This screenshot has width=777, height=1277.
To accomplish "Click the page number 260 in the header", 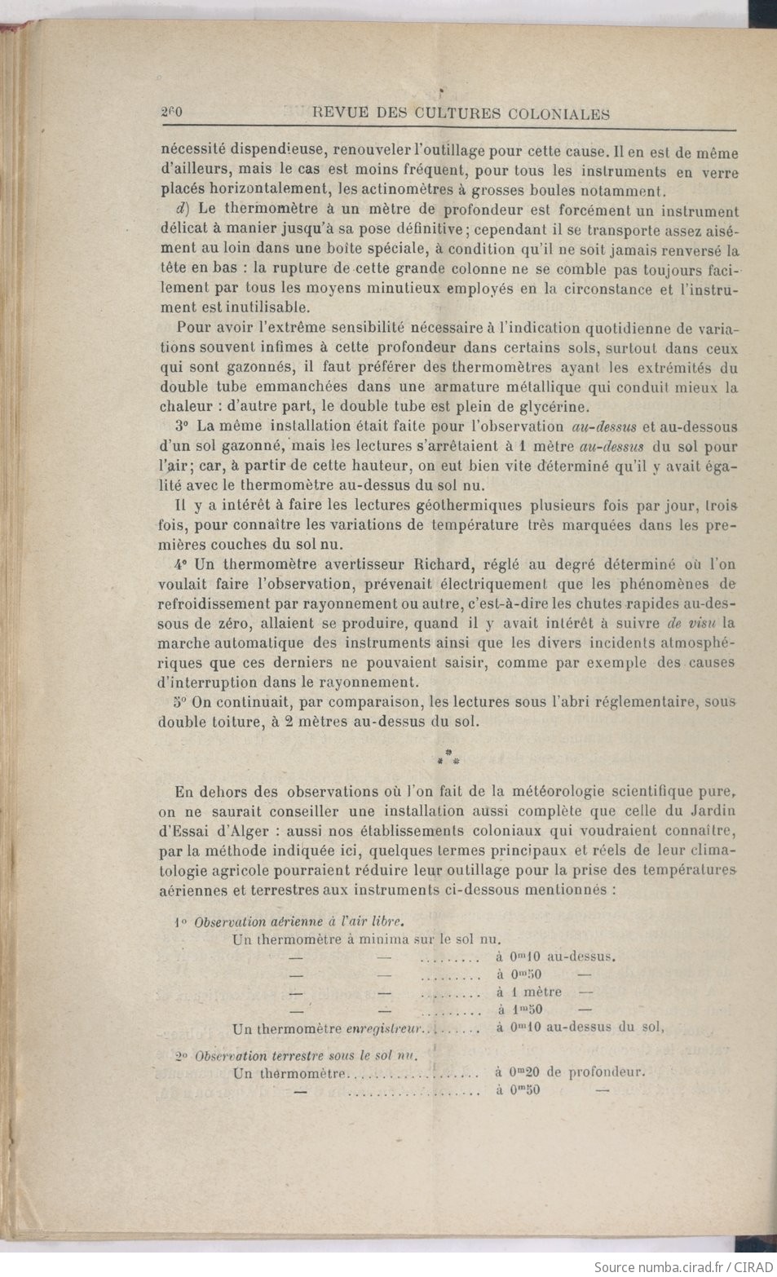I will (x=170, y=113).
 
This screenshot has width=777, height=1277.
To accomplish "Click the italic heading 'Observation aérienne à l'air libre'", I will (x=298, y=921).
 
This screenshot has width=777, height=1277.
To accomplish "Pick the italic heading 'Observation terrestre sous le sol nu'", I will (x=306, y=1055).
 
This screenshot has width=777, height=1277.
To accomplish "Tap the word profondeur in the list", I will (x=606, y=1072).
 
